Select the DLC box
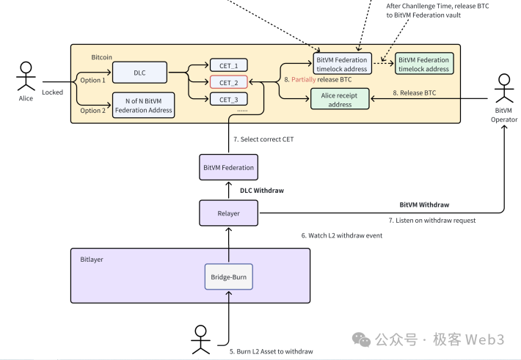[139, 73]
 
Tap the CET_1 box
[228, 65]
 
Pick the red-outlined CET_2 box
[228, 82]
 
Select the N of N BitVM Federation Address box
[144, 106]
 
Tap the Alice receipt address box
[340, 99]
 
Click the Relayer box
[228, 213]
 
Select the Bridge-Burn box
[228, 277]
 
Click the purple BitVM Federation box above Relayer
[228, 167]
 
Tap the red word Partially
[305, 79]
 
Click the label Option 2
[92, 111]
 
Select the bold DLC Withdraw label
[263, 191]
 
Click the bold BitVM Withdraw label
[425, 205]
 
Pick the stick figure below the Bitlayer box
[200, 338]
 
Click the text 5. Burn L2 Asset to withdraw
[272, 351]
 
